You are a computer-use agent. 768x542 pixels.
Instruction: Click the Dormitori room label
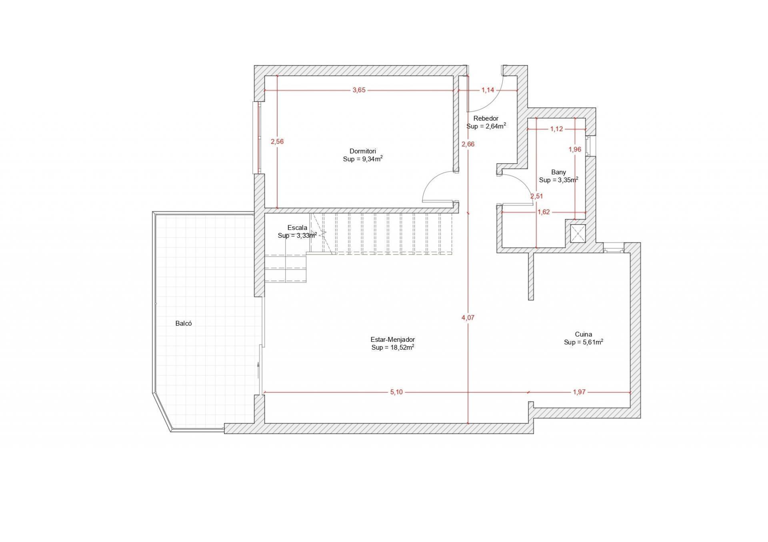point(363,151)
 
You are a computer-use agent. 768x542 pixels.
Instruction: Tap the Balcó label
point(184,323)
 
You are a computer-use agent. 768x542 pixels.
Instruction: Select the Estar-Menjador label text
point(392,340)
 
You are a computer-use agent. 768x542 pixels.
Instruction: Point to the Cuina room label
point(584,334)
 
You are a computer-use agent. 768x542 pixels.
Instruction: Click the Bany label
point(558,172)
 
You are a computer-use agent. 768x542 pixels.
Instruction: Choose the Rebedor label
point(486,118)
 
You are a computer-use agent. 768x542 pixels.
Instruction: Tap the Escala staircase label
point(297,228)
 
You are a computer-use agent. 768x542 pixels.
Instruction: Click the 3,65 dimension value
point(359,90)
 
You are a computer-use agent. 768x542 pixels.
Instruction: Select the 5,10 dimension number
point(396,392)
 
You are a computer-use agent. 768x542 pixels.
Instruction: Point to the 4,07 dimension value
point(468,318)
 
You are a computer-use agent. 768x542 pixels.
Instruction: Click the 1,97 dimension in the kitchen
point(579,392)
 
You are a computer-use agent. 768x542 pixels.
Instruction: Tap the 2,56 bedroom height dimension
point(277,141)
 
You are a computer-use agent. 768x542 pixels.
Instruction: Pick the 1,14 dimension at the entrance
point(488,90)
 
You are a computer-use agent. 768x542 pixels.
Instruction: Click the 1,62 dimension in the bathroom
point(544,212)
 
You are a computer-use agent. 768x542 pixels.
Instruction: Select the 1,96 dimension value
point(575,149)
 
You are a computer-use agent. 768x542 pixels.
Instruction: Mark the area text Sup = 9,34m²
point(363,159)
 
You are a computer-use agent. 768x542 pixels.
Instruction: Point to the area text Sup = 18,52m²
point(392,347)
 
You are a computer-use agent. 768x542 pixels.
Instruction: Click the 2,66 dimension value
point(468,144)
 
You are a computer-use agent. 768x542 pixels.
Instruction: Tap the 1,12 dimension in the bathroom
point(556,129)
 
